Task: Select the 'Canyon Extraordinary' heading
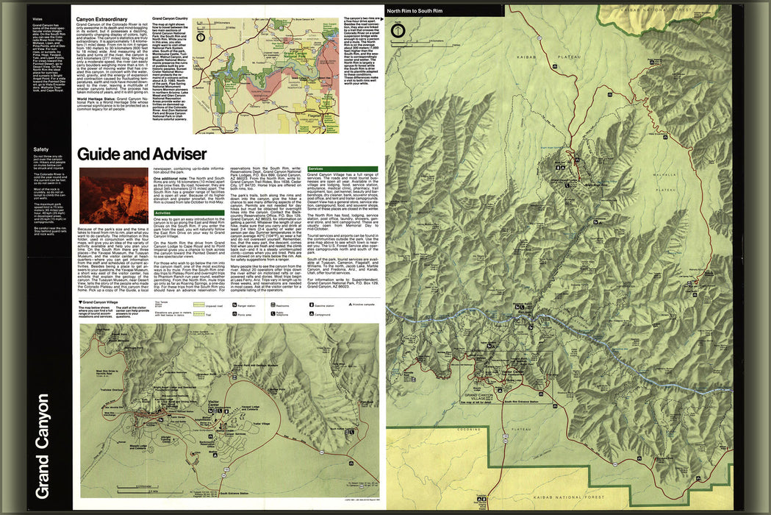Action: [x=103, y=17]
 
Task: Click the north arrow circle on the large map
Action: [x=398, y=31]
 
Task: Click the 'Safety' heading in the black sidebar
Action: [x=40, y=150]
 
